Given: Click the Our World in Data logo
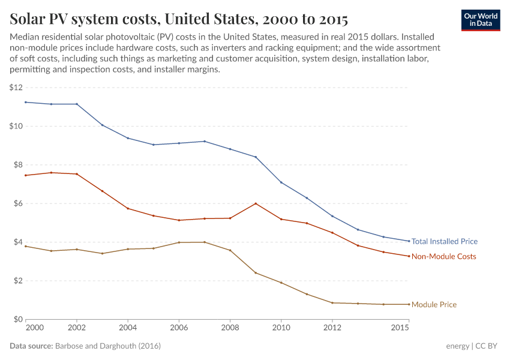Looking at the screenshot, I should pyautogui.click(x=480, y=20).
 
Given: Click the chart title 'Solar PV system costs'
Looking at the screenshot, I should pyautogui.click(x=179, y=19).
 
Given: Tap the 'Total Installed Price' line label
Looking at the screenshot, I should pyautogui.click(x=444, y=241).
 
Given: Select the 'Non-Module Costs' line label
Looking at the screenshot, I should pyautogui.click(x=443, y=256).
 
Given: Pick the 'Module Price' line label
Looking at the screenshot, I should pyautogui.click(x=434, y=305).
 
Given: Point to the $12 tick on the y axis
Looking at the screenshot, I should pyautogui.click(x=16, y=88).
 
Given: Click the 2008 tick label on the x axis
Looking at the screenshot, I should pyautogui.click(x=230, y=328).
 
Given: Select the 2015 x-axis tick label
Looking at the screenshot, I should pyautogui.click(x=400, y=328).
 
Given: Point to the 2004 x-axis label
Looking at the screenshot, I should pyautogui.click(x=128, y=328).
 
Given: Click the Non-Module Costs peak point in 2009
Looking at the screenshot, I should pyautogui.click(x=256, y=203).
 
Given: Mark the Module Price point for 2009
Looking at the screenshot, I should pyautogui.click(x=256, y=273).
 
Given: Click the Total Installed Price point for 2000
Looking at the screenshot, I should pyautogui.click(x=26, y=102).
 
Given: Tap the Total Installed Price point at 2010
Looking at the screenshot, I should pyautogui.click(x=281, y=182).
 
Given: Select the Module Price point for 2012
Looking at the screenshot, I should pyautogui.click(x=332, y=303).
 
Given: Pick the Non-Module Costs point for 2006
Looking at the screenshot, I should pyautogui.click(x=179, y=220).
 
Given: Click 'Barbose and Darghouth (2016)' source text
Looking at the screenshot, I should pyautogui.click(x=107, y=346).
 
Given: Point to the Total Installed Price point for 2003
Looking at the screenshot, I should pyautogui.click(x=102, y=125).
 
